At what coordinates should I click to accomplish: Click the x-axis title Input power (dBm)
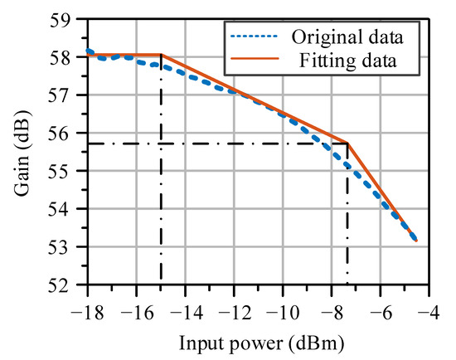258,340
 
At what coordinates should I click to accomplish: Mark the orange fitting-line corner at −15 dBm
161,56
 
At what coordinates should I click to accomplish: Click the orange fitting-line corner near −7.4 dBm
347,144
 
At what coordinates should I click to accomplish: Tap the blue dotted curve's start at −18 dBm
87,51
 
